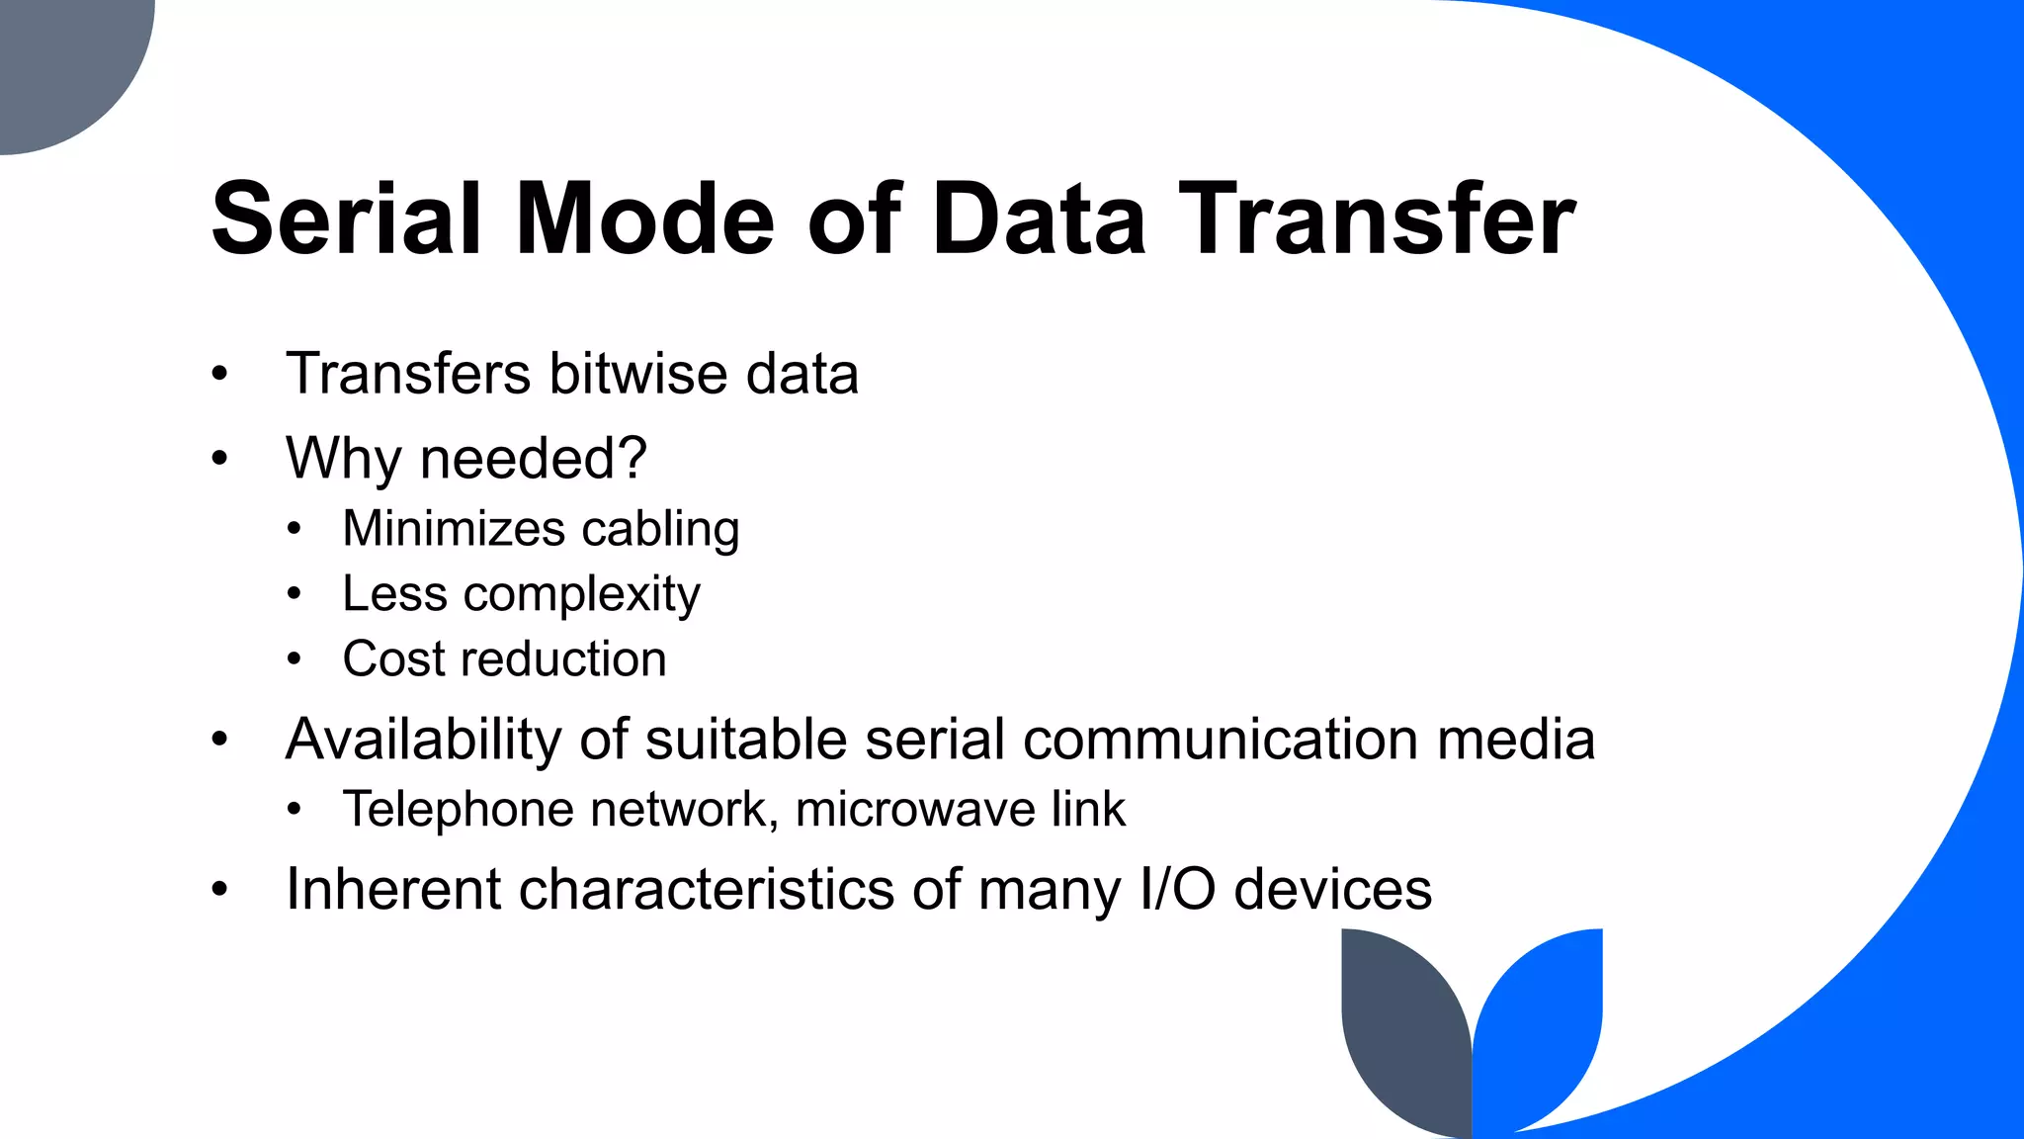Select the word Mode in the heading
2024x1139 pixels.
point(643,219)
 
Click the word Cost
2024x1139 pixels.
point(393,658)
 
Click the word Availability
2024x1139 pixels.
point(423,740)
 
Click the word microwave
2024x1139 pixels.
point(914,810)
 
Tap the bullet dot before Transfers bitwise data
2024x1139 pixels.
point(219,375)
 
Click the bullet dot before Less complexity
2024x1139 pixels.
point(294,594)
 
